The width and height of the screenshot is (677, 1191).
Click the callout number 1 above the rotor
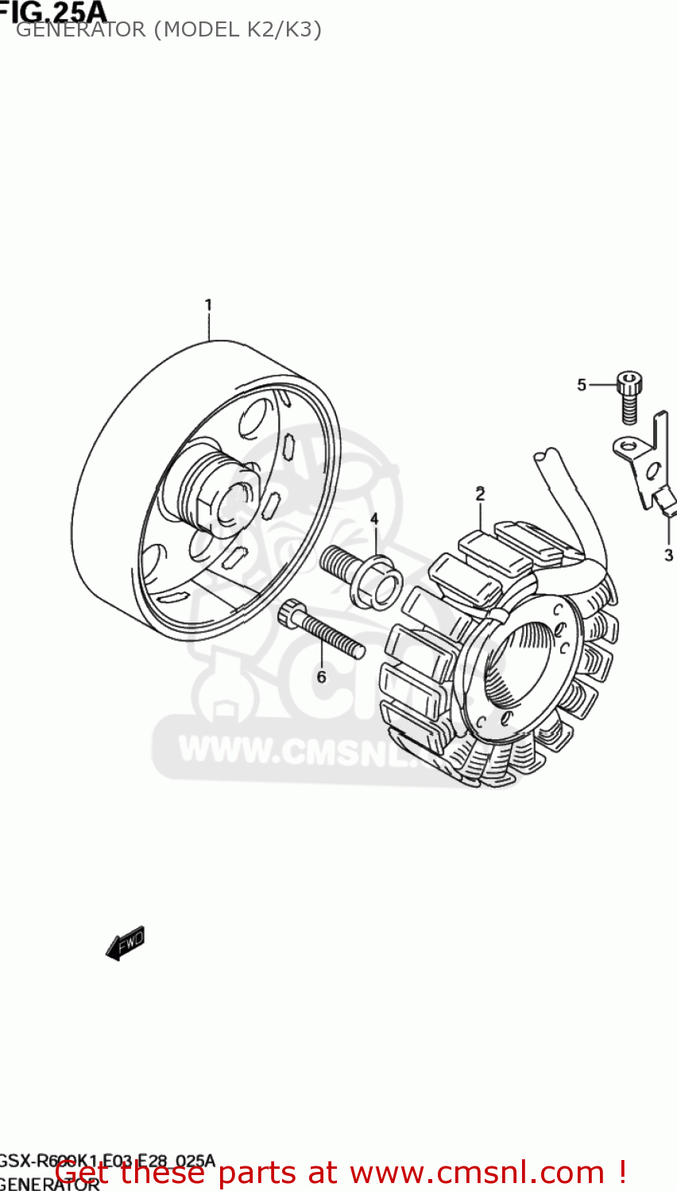click(208, 305)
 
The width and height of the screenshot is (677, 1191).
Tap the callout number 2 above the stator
click(480, 494)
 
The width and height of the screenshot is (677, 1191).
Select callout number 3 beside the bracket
click(668, 554)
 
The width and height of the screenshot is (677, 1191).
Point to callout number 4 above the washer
click(374, 519)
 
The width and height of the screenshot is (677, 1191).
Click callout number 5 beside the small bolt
click(582, 385)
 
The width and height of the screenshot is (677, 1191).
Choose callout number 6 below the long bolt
click(322, 676)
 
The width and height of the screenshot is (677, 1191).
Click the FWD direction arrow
click(126, 943)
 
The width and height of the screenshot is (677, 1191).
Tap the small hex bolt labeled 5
click(629, 397)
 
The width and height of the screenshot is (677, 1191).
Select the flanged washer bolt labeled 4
click(362, 572)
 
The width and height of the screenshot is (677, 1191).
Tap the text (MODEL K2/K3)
click(238, 30)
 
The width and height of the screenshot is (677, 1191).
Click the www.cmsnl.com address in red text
click(477, 1173)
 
